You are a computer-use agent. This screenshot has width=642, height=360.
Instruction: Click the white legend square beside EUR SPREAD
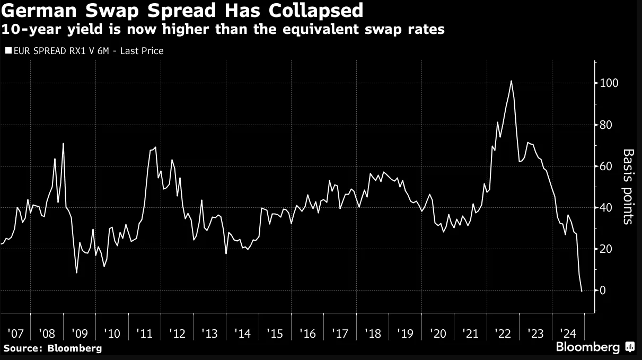(x=8, y=51)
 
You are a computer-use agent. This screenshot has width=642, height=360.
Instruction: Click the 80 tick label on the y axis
(x=605, y=125)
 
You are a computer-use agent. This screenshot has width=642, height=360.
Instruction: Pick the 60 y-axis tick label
(x=605, y=166)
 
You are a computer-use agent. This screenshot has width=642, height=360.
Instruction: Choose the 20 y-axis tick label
(x=605, y=249)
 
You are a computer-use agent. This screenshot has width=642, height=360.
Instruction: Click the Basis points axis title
(x=628, y=187)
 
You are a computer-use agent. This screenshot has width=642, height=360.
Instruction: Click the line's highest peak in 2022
(x=511, y=81)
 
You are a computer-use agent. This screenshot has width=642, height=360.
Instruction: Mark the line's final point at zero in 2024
(x=582, y=291)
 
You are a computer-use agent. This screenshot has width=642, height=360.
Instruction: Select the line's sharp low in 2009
(x=77, y=273)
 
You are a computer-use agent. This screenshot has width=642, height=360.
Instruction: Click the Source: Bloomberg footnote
(x=52, y=348)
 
